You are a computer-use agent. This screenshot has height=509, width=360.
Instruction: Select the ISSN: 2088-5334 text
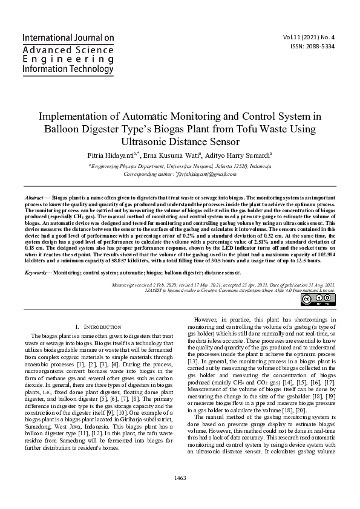tap(312, 46)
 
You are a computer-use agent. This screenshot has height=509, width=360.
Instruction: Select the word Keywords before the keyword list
tap(38, 273)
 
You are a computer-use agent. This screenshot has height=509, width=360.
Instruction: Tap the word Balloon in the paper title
tap(62, 129)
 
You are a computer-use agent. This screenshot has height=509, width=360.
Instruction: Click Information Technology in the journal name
tap(67, 70)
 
